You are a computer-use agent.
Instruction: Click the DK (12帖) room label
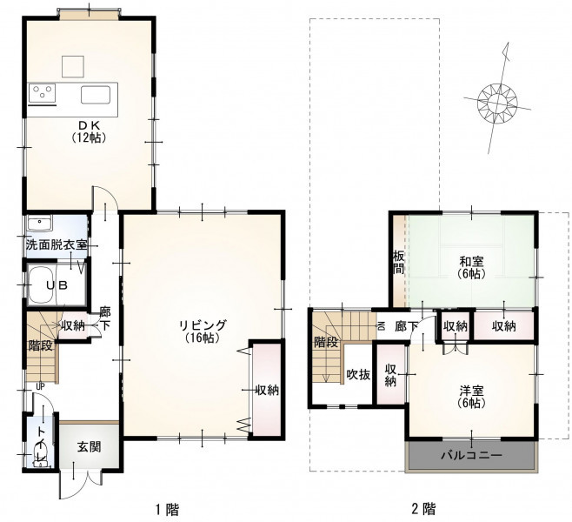point(90,131)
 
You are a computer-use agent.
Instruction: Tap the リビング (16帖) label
point(203,331)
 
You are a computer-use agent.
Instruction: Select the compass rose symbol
point(497,99)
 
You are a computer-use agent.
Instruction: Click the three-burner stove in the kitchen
point(42,91)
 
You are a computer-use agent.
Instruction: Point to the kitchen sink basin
point(96,95)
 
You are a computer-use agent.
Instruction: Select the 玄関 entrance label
point(89,446)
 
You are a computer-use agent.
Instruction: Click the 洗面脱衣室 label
point(57,245)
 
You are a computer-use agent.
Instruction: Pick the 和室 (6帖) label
point(472,268)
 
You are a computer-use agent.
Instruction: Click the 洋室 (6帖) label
point(472,398)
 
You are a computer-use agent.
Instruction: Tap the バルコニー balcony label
point(472,455)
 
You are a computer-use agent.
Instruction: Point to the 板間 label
point(398,262)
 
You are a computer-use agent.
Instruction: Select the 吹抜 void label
point(359,374)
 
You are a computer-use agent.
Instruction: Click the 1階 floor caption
point(168,509)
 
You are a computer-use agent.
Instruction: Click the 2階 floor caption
point(424,508)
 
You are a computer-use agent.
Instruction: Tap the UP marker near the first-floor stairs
point(40,386)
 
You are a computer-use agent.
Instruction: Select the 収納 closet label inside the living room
point(267,391)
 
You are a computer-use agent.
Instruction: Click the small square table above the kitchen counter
point(73,66)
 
